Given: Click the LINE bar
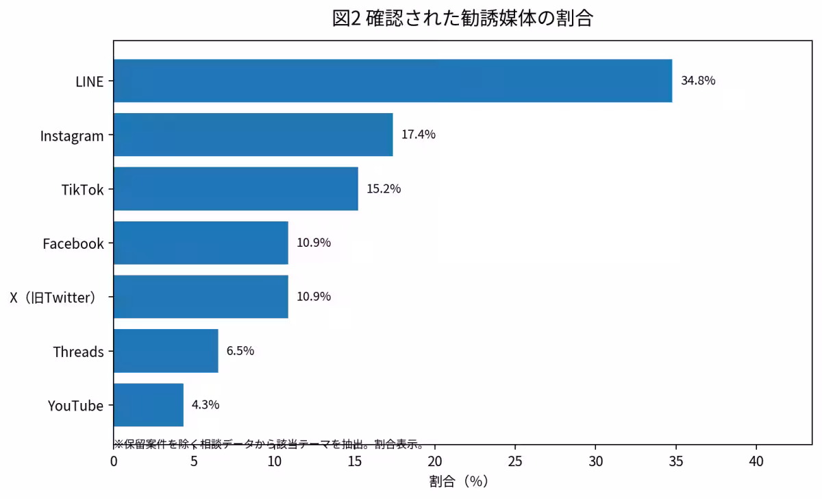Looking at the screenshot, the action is point(393,81).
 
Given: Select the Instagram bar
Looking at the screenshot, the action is point(253,135).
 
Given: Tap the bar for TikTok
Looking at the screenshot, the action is point(236,188).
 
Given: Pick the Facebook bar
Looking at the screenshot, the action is point(201,243).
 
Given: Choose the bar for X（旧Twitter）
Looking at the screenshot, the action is point(201,297).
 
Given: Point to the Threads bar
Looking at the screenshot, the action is point(166,351).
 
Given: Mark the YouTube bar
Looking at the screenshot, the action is point(149,405).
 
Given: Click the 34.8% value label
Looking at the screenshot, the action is point(698,80).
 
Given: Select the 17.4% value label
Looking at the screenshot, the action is point(419,134).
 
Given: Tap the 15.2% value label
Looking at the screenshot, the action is point(384,188).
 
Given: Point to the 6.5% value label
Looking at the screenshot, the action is point(240,351).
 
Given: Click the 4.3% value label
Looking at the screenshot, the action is point(206,404).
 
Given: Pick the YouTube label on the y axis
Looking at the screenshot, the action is point(75,406).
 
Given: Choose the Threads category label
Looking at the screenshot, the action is point(79,352).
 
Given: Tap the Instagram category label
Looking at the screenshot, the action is point(72,136).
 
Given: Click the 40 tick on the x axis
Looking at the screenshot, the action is point(756,461).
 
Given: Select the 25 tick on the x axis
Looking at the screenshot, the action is point(515,461).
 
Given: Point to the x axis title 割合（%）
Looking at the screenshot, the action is point(459,481).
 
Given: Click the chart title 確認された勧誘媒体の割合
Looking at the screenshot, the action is point(480,19).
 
